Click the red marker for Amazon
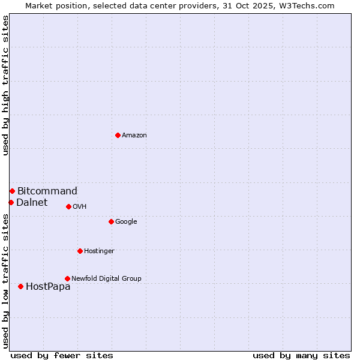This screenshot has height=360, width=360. [118, 135]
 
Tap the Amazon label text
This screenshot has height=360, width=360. [134, 136]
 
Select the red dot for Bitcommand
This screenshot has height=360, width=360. [12, 191]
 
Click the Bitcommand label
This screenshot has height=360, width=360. [47, 191]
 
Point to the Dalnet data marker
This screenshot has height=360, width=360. [11, 202]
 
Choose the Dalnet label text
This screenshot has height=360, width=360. [32, 203]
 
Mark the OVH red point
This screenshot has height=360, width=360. [68, 206]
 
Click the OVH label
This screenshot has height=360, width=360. [80, 207]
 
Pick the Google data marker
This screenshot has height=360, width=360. [111, 221]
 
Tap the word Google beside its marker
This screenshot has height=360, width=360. [126, 222]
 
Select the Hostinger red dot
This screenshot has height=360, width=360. [80, 251]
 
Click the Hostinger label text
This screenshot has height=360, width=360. [99, 251]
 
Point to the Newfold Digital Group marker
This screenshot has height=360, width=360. [67, 278]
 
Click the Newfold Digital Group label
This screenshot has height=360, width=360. [106, 279]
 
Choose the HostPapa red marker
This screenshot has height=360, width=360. [20, 286]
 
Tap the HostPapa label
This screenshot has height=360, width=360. [48, 287]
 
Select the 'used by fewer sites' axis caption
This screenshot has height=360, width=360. [62, 355]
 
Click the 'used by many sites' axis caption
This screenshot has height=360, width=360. [301, 355]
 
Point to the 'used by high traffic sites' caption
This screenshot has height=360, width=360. [5, 85]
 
